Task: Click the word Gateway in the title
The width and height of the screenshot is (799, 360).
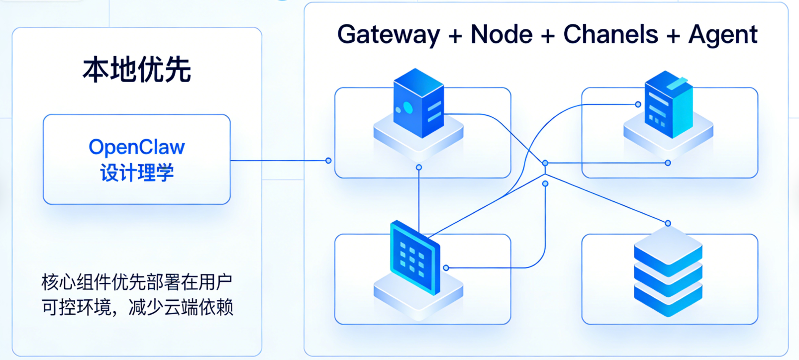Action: (389, 35)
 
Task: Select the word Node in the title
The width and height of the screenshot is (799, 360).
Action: (501, 34)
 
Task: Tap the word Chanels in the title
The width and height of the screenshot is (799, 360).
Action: (610, 34)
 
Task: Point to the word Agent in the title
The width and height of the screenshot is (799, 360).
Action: (723, 35)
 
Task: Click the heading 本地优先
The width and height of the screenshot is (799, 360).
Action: (137, 70)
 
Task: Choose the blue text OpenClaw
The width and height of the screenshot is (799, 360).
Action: (137, 147)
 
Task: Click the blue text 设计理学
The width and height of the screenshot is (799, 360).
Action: (137, 173)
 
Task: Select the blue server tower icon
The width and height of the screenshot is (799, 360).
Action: (418, 103)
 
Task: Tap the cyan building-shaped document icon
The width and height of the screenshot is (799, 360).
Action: (668, 105)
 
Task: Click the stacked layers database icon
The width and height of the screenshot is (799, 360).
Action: (668, 271)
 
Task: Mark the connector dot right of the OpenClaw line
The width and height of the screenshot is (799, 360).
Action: (328, 161)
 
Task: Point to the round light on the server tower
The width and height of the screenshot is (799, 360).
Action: (408, 107)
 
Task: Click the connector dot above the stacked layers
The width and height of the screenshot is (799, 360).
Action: (668, 223)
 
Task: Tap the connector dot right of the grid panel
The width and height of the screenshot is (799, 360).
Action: (446, 268)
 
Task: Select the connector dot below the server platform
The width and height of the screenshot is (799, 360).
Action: (419, 168)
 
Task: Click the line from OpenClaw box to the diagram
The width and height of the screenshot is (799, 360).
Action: (279, 161)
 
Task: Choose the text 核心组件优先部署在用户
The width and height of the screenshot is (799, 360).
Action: (137, 282)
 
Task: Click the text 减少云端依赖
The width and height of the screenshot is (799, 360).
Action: (181, 307)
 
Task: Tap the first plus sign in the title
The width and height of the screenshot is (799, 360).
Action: (455, 36)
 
